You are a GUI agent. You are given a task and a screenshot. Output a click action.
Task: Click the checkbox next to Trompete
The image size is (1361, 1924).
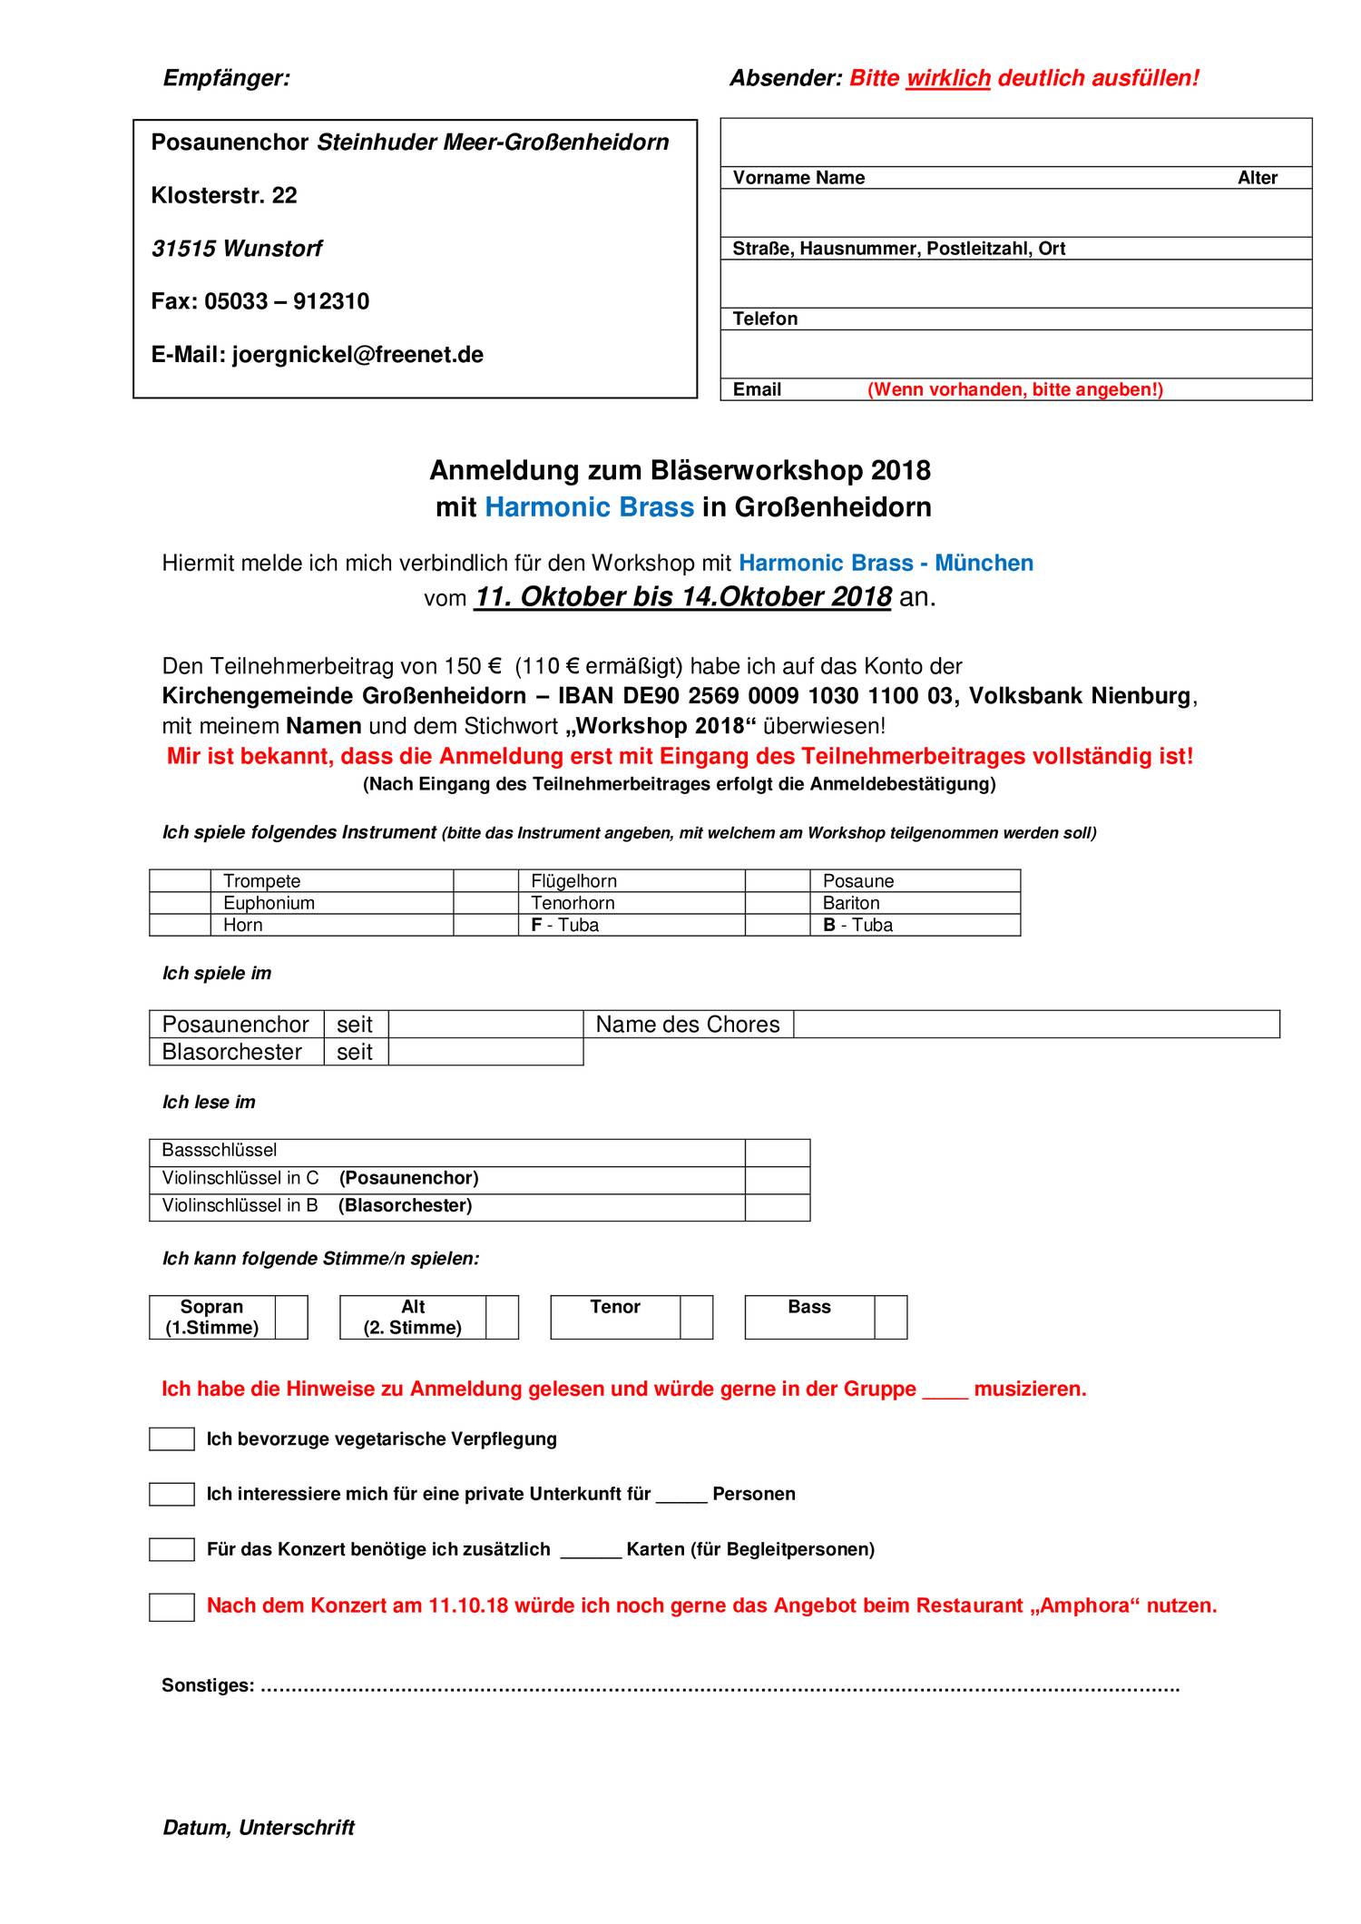180,880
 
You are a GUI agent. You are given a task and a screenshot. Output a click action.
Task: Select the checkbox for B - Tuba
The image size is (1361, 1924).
778,925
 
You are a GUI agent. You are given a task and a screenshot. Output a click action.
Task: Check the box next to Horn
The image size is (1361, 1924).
180,925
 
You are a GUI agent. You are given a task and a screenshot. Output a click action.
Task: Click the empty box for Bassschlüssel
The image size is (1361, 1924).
778,1153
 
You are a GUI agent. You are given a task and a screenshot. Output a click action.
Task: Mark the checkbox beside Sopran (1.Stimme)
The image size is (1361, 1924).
291,1317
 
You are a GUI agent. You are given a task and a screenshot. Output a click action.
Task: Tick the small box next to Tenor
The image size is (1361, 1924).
696,1317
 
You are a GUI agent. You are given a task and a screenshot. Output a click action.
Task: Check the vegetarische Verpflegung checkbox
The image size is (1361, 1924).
171,1439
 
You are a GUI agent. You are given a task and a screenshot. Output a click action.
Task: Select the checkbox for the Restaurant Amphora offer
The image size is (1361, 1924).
171,1607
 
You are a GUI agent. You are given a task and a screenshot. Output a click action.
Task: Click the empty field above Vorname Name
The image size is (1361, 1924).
1016,142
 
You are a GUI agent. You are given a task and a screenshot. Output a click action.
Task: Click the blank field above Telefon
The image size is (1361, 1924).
1016,283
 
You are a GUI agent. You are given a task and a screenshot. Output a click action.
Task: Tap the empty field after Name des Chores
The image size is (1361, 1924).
1036,1024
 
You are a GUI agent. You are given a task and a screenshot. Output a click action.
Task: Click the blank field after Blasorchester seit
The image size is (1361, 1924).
485,1052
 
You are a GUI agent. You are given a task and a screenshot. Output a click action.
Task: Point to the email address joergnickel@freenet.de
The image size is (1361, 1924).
357,355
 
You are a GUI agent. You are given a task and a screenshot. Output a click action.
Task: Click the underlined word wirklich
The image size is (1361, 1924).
948,78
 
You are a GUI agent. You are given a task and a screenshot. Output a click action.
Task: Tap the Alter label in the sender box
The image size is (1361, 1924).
1258,178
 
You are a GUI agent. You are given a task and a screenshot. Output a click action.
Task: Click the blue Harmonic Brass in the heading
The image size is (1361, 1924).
589,506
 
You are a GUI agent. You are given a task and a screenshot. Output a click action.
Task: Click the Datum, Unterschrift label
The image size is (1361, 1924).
259,1828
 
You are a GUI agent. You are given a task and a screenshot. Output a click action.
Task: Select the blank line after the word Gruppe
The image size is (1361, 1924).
945,1389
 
